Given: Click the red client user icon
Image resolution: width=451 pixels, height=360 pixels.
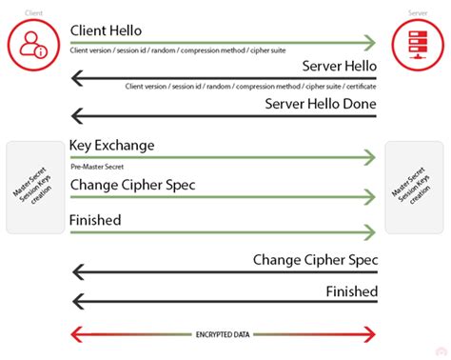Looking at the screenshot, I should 31,42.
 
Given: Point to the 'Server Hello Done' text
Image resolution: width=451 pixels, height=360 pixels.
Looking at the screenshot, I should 321,103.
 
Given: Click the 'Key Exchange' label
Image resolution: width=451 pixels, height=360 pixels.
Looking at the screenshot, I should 111,146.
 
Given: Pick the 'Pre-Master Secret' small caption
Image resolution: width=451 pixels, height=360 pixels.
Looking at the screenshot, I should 97,166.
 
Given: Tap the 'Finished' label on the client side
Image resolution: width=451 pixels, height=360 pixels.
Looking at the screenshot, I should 94,220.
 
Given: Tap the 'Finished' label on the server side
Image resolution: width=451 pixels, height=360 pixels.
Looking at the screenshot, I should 351,291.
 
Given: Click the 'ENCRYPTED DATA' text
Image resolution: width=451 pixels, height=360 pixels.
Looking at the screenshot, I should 225,334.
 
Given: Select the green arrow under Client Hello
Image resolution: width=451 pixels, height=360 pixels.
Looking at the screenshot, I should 224,42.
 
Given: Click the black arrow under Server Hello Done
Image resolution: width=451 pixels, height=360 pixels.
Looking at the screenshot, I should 224,116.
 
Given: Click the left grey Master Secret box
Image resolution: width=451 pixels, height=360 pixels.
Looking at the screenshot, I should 34,188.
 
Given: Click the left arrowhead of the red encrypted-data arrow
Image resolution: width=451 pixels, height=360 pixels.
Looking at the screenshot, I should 77,334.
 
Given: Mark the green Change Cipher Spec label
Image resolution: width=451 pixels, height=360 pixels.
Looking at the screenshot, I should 132,184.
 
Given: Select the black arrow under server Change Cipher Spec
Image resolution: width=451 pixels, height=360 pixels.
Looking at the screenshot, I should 224,271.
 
